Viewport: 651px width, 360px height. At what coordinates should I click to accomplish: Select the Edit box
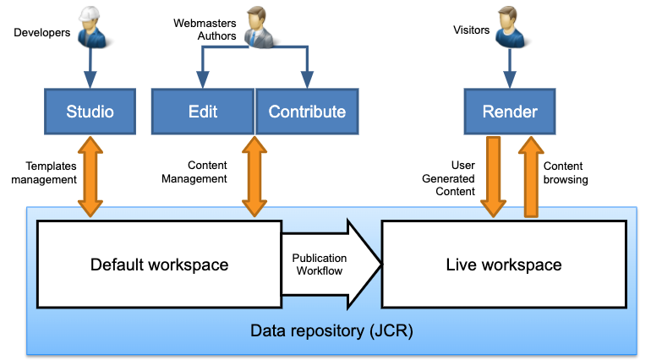202,112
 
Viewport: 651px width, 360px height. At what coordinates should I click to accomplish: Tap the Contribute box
306,112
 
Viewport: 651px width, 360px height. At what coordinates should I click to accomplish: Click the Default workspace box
159,265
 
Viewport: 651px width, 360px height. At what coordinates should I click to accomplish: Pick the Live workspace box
503,265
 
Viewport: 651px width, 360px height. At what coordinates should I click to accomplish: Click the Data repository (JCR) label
331,330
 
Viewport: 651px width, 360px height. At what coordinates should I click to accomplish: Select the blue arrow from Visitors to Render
509,67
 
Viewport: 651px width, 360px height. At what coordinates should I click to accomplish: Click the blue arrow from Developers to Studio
90,67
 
